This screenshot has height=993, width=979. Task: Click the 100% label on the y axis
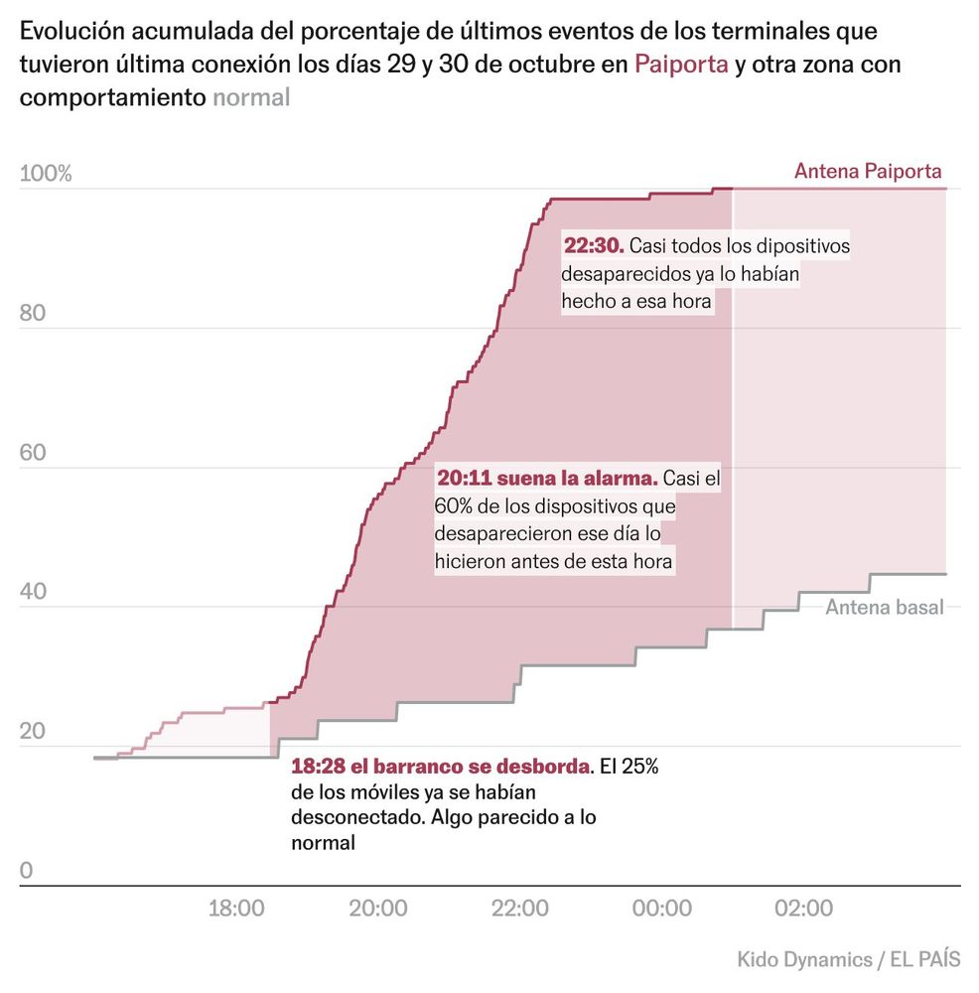[x=46, y=175]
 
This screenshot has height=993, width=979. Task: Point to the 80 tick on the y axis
[x=33, y=314]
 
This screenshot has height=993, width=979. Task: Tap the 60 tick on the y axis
[x=33, y=453]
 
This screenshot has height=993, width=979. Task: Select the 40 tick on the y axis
[x=33, y=593]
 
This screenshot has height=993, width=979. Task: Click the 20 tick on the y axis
[x=33, y=732]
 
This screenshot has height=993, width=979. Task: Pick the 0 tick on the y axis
[x=27, y=871]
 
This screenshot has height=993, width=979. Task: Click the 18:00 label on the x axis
[x=236, y=909]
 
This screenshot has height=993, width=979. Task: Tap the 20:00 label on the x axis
[x=378, y=909]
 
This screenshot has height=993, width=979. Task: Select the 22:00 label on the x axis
[x=520, y=909]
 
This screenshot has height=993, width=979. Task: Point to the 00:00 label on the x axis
[x=662, y=909]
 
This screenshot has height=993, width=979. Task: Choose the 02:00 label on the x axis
[x=803, y=909]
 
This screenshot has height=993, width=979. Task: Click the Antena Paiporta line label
[x=868, y=171]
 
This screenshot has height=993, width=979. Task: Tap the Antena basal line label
[x=884, y=607]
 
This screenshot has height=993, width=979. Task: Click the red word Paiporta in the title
[x=681, y=67]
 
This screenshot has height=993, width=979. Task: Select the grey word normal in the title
[x=251, y=97]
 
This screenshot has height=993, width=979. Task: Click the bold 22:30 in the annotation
[x=593, y=245]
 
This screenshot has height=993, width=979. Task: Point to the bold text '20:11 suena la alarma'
[x=547, y=479]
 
